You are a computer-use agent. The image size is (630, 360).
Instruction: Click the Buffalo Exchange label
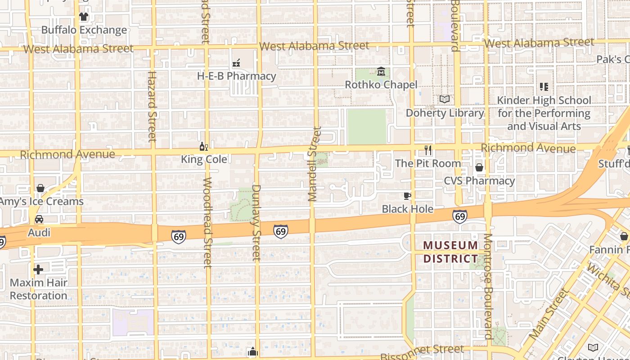(84, 30)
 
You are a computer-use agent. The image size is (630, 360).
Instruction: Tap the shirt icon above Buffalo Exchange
(84, 17)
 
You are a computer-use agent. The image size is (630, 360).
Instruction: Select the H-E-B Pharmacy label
(236, 76)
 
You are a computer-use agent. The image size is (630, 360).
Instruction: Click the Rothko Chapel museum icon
(381, 72)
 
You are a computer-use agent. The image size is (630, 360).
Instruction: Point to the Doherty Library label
(445, 113)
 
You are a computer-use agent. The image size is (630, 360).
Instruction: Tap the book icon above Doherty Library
(445, 99)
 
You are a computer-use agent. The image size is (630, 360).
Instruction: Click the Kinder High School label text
(544, 113)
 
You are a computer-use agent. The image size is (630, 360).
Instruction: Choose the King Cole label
(204, 159)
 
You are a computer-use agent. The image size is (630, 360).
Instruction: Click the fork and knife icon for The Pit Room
(428, 150)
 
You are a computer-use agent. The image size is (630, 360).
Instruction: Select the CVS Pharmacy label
(479, 181)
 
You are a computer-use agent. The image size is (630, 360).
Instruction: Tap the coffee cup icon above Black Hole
(407, 195)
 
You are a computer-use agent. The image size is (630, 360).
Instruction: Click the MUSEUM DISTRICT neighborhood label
(450, 252)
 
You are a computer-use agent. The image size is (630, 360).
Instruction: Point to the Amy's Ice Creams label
(41, 201)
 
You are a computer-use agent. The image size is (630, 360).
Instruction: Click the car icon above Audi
(39, 219)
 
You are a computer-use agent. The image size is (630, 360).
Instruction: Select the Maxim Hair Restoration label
(39, 289)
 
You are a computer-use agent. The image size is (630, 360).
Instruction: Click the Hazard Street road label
(152, 106)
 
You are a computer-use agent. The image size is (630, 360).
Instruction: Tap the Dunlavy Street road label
(256, 222)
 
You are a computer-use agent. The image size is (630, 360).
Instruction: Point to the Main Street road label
(548, 314)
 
